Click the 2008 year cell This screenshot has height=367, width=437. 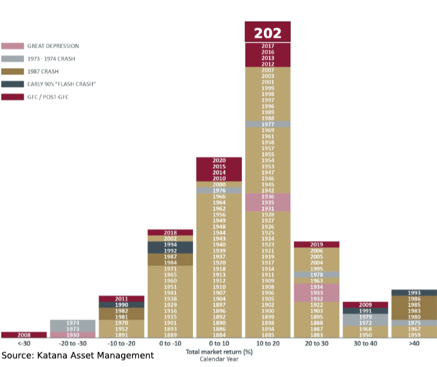point(24,335)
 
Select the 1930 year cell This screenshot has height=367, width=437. point(73,335)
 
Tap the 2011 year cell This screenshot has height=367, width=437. point(121,299)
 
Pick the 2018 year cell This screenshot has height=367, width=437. point(170,232)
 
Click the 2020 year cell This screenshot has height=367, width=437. point(219,160)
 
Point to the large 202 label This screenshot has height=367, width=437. point(267,33)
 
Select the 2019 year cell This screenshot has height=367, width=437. point(317,245)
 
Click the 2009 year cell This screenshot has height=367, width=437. point(365,305)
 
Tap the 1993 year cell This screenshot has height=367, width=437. point(414,293)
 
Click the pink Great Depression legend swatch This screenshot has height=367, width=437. point(12,46)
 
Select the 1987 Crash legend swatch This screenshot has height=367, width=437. point(12,71)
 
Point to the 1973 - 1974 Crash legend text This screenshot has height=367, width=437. point(51,59)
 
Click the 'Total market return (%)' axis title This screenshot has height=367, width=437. point(219,352)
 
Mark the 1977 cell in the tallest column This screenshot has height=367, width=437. point(267,124)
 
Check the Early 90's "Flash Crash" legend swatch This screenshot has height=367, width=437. point(12,84)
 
